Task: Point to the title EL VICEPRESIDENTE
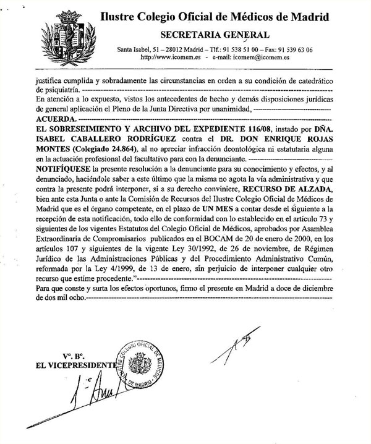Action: tap(77, 365)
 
